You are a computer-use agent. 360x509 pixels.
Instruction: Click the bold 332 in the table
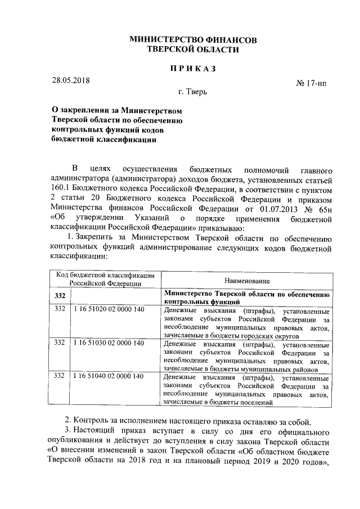point(58,295)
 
